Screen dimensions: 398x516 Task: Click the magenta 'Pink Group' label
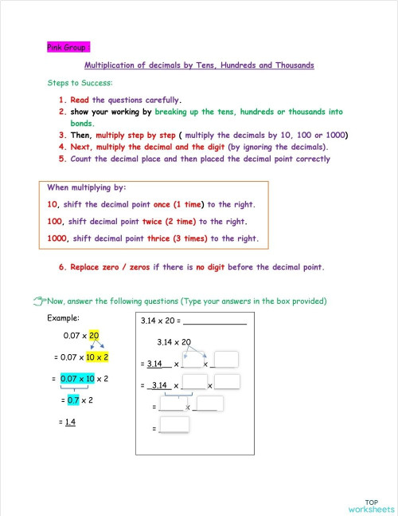point(68,47)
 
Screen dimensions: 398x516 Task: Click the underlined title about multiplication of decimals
point(198,65)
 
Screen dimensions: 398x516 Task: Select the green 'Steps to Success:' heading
point(80,83)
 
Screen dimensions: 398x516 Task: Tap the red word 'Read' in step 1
point(80,100)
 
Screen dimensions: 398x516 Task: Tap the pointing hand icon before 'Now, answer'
point(41,301)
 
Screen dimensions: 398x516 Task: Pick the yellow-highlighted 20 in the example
point(94,336)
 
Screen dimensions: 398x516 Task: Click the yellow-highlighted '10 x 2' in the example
point(97,357)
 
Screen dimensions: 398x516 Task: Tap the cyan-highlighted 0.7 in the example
point(72,400)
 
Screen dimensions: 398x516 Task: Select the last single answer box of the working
point(174,425)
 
